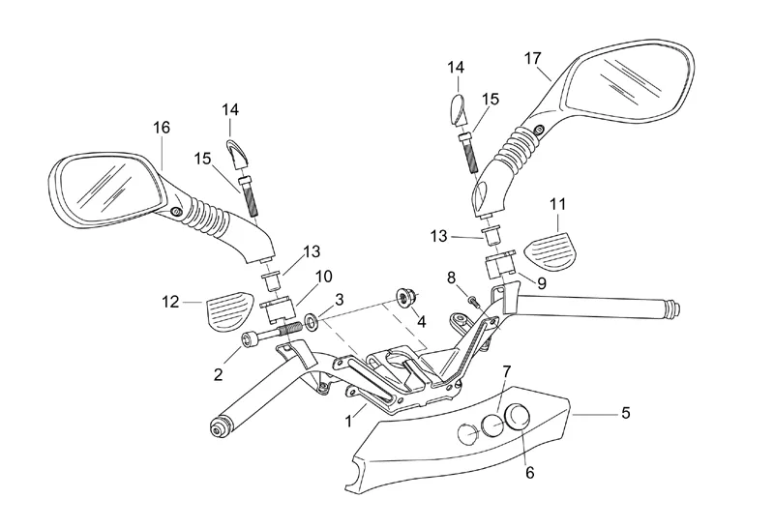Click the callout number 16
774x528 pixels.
pos(161,127)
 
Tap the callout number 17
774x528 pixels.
pos(532,57)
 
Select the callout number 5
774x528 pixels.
pos(625,414)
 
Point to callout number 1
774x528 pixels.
pos(349,422)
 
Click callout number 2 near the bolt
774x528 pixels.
pos(219,373)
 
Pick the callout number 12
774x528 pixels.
pos(170,303)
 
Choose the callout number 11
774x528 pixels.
pos(557,204)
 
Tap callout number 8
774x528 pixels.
pos(451,278)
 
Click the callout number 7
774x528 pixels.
pos(506,372)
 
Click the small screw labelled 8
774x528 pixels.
pos(472,301)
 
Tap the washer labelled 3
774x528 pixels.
pos(312,320)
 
